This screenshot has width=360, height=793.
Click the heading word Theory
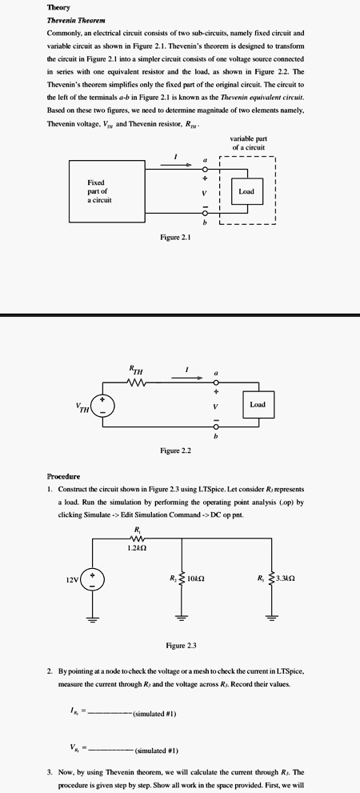(58, 7)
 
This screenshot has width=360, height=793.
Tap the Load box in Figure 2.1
(246, 191)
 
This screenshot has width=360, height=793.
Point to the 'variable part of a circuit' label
(248, 143)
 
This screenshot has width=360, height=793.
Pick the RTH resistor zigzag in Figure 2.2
(137, 381)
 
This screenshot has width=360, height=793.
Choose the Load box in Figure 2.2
(257, 405)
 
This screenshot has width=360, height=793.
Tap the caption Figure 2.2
(175, 451)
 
